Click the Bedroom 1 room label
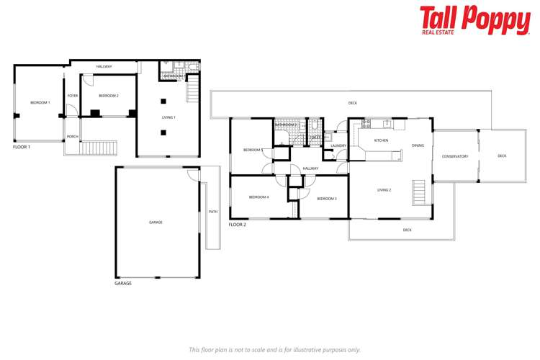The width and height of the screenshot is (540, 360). click(40, 103)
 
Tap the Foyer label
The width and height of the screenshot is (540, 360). click(73, 96)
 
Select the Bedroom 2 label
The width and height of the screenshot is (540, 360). click(109, 96)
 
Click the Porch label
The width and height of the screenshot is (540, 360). click(73, 136)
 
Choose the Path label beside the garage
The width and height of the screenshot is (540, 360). click(213, 212)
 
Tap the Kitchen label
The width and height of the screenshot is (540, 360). click(381, 140)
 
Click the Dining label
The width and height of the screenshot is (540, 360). click(418, 145)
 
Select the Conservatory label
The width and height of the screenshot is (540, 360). click(455, 156)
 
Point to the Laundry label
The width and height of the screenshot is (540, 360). click(338, 146)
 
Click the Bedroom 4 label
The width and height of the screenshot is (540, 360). click(258, 197)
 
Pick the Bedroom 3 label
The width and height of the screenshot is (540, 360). click(327, 198)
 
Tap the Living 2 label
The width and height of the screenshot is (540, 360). click(384, 190)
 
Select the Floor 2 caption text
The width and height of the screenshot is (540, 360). click(238, 225)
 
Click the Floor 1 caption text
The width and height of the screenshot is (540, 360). click(22, 147)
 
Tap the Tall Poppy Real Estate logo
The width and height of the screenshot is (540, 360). click(474, 21)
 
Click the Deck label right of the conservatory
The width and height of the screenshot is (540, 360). click(502, 156)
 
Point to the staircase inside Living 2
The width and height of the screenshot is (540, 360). click(418, 193)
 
